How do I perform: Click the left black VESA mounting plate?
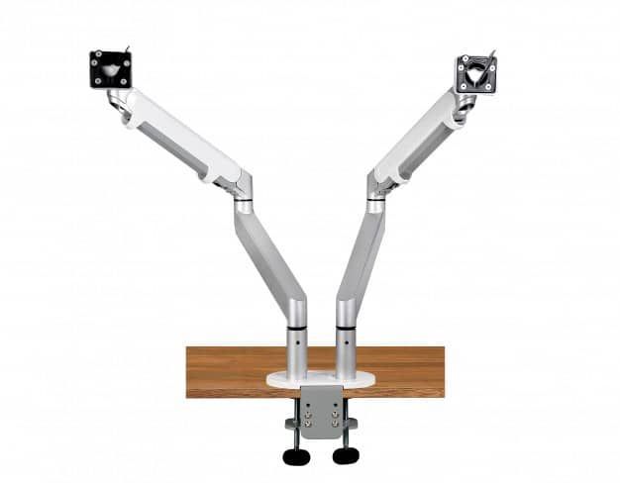pyautogui.click(x=110, y=69)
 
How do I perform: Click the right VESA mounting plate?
pyautogui.click(x=475, y=72)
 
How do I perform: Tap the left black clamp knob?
pyautogui.click(x=296, y=456)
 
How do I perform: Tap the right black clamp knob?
pyautogui.click(x=346, y=455)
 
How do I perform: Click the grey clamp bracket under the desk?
pyautogui.click(x=320, y=412)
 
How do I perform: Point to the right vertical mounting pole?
pyautogui.click(x=344, y=350)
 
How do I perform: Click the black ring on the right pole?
pyautogui.click(x=344, y=327)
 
